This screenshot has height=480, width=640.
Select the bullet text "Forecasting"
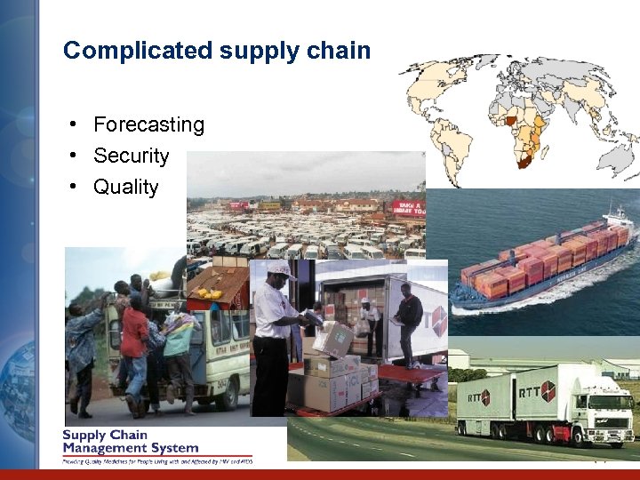(148, 124)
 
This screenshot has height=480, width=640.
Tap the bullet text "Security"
(131, 156)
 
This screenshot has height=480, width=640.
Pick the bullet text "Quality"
(125, 187)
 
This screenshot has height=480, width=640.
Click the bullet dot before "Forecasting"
(79, 124)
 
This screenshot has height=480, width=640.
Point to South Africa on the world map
(525, 160)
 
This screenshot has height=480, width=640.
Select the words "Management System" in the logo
(130, 448)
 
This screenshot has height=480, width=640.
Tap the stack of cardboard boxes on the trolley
(333, 373)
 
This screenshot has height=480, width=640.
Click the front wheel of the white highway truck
(602, 436)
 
